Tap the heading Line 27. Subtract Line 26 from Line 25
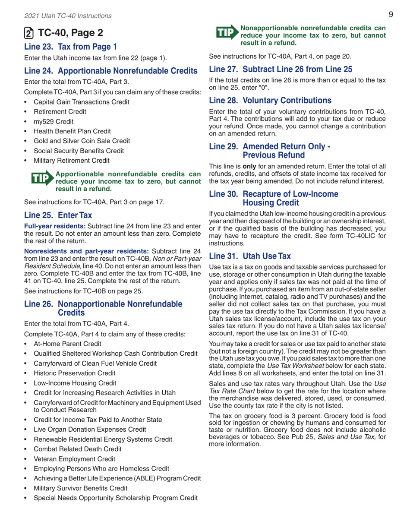tap(281, 69)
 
